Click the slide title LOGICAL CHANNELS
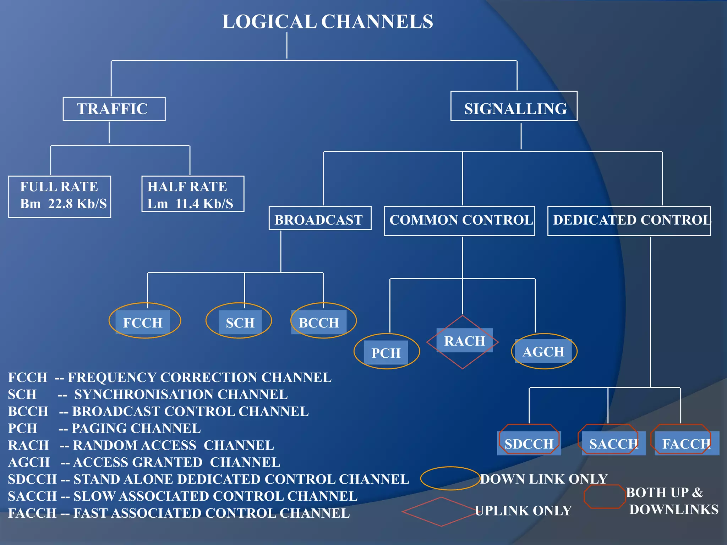coord(327,22)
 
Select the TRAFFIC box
coord(114,109)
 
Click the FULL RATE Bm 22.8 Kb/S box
coord(60,196)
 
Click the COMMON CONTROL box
coord(460,220)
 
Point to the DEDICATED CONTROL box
coord(629,220)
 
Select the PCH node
coord(386,352)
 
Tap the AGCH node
coord(543,351)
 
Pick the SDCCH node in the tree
coord(529,443)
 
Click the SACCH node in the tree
coord(613,443)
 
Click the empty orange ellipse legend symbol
coord(450,478)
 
